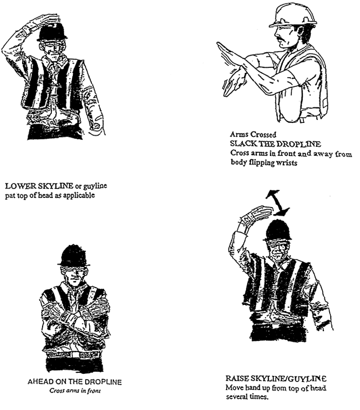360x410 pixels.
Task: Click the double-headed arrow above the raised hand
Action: tap(277, 203)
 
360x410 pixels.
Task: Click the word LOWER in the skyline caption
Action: tap(21, 186)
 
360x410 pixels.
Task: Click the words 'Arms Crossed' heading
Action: tap(253, 134)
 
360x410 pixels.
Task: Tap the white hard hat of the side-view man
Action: tap(293, 16)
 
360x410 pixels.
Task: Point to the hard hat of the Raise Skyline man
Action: tap(277, 230)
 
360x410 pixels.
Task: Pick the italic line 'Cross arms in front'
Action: tap(75, 391)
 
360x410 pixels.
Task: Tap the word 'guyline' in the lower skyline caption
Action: tap(95, 187)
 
